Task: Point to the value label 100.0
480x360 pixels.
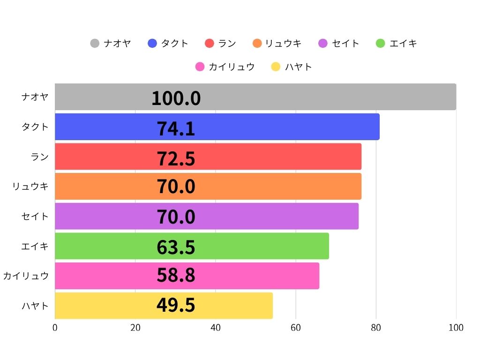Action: point(176,98)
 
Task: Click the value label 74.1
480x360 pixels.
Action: point(176,128)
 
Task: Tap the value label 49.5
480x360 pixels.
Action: point(176,306)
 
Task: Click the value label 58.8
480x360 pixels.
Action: point(176,276)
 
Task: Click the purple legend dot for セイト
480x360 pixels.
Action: point(323,44)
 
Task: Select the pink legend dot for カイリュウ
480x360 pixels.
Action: point(200,67)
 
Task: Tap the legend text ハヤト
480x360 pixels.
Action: point(298,67)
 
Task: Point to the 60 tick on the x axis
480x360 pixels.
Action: point(296,328)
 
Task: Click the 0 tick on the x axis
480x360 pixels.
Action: point(55,328)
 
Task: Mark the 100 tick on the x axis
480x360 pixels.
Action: point(456,328)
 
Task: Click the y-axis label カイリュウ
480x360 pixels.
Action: point(26,276)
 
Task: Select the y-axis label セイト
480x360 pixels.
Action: point(35,216)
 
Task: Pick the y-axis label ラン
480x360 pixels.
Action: point(40,157)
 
